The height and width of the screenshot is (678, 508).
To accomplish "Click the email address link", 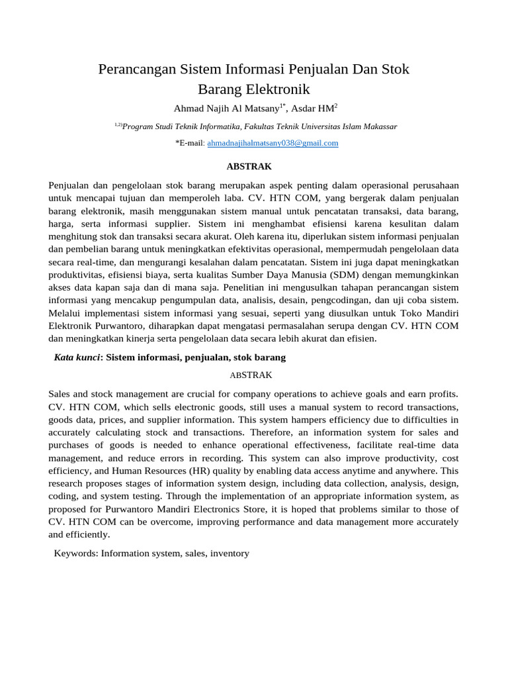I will pyautogui.click(x=273, y=143).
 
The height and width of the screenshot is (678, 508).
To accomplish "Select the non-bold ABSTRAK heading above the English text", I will pyautogui.click(x=251, y=375).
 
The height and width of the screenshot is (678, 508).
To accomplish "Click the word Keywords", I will pyautogui.click(x=76, y=553).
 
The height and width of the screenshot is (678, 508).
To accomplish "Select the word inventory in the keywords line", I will pyautogui.click(x=230, y=553).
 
